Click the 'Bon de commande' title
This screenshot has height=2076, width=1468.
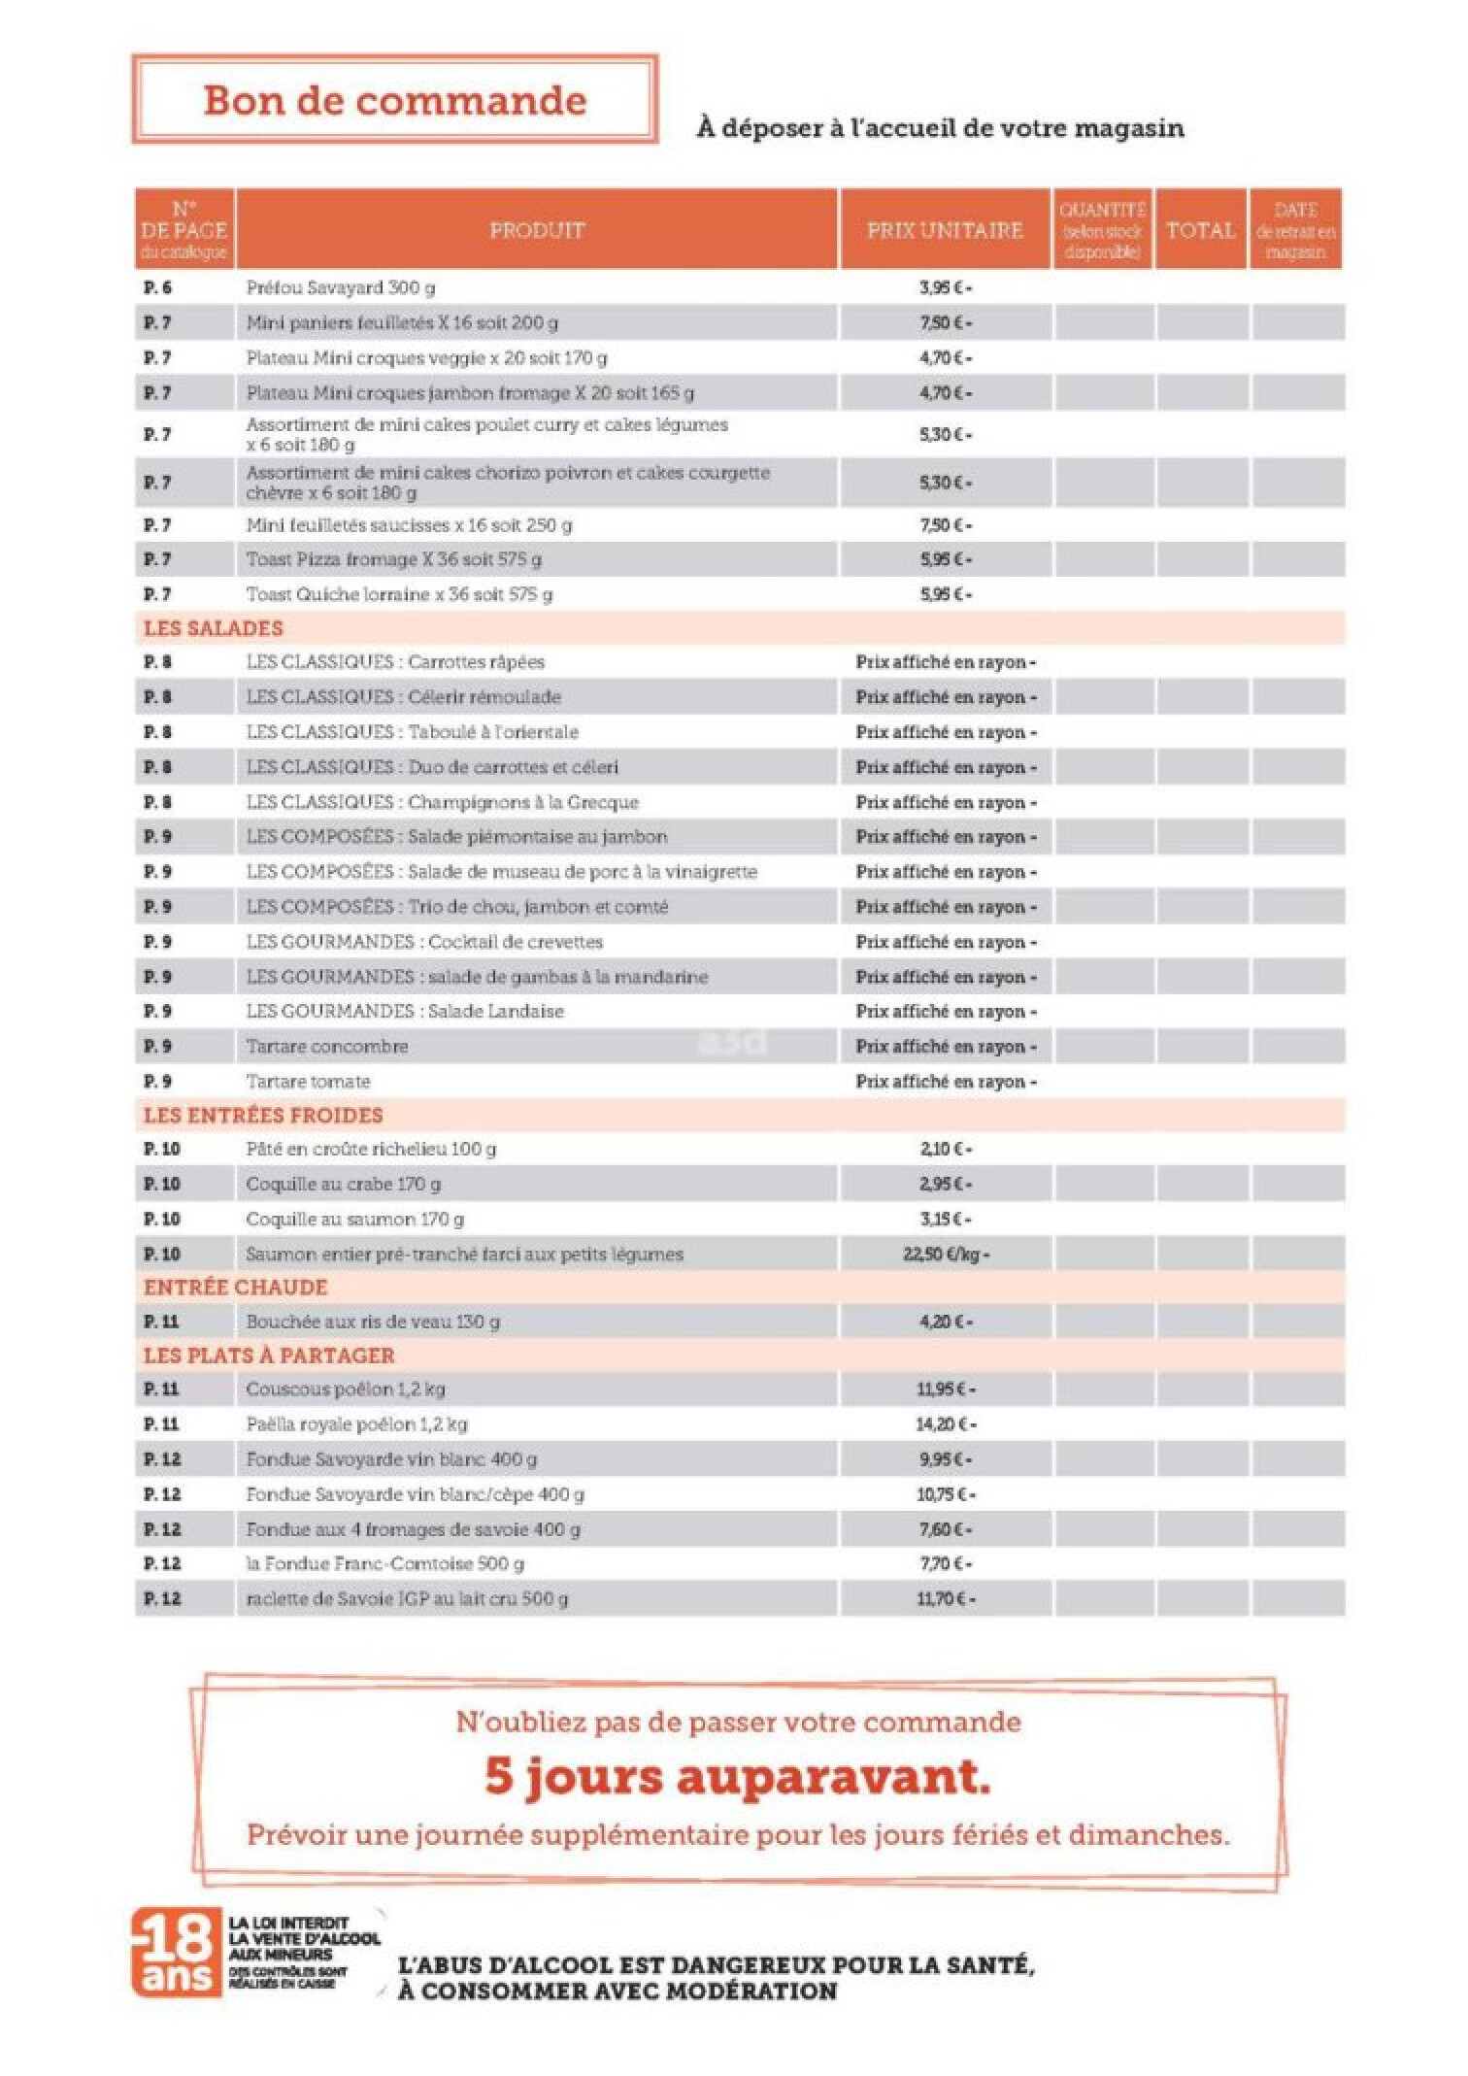[395, 101]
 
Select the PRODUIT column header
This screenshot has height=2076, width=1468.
[537, 230]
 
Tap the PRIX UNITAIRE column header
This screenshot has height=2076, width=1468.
[945, 230]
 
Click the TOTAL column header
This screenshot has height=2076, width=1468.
[1201, 230]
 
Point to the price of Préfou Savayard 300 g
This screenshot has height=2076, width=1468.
[945, 288]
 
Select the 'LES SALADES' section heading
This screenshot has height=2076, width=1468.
[214, 628]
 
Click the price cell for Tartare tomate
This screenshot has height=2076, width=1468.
[945, 1082]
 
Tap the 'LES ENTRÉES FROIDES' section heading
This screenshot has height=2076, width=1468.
[263, 1116]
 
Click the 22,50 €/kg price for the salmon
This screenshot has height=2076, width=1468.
[945, 1255]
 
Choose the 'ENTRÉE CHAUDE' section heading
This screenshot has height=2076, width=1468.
[236, 1288]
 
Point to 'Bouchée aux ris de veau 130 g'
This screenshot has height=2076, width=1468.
[373, 1322]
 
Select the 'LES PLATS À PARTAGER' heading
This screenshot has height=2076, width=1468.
[269, 1356]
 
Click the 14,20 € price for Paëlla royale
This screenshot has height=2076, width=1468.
[945, 1424]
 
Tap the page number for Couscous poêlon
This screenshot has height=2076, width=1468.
[161, 1390]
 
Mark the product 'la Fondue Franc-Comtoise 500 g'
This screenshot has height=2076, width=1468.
[384, 1564]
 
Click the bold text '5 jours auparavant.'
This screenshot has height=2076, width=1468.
[738, 1778]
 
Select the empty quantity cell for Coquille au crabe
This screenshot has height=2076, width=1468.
[1103, 1185]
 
